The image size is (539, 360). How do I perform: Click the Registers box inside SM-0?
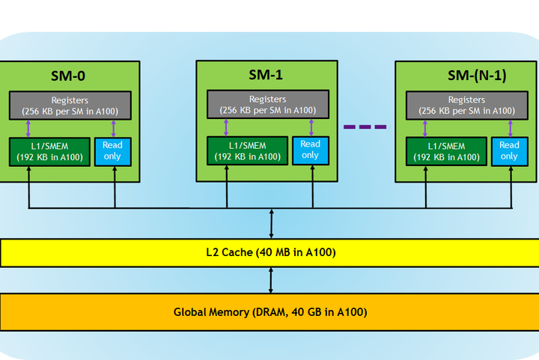(70, 106)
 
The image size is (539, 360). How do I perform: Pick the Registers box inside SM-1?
(268, 105)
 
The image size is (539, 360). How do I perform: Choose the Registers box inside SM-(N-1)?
(467, 105)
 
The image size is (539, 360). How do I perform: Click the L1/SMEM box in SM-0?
(49, 151)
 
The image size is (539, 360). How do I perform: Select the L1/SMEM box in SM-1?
(248, 150)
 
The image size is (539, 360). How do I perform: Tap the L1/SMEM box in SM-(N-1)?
(446, 150)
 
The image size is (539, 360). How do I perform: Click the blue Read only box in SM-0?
(112, 151)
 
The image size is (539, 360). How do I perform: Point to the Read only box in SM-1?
(310, 150)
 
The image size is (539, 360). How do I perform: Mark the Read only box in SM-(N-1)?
(509, 150)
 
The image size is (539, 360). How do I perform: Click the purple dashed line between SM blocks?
(365, 126)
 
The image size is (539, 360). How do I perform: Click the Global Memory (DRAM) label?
(270, 311)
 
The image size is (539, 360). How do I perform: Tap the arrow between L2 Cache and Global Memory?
(270, 279)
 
